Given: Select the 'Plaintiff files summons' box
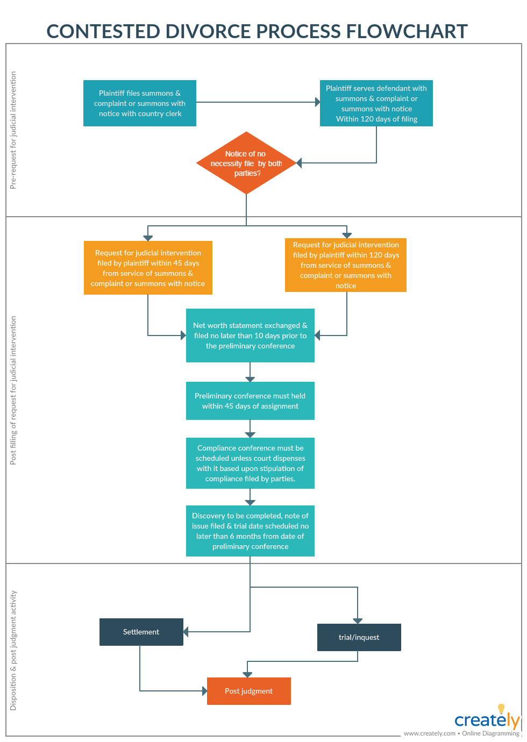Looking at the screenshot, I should (x=140, y=103).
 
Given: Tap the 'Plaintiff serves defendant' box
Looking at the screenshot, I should (x=376, y=103).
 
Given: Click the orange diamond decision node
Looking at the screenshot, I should (x=246, y=163).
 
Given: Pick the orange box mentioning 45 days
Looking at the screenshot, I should (x=148, y=268).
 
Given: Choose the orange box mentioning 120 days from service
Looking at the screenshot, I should (x=346, y=265).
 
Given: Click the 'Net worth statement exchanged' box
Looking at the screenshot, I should (x=250, y=336).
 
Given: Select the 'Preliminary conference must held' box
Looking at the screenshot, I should (x=250, y=401).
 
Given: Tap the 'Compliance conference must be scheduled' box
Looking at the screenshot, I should (x=250, y=463).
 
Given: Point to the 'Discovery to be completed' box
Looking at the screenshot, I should (x=250, y=531).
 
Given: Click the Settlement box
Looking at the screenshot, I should (x=141, y=632).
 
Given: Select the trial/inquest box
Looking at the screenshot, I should (x=359, y=637).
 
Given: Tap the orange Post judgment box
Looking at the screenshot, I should (x=248, y=691).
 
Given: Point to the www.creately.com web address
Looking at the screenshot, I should (x=429, y=733).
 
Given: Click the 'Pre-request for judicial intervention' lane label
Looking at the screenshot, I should (x=13, y=130).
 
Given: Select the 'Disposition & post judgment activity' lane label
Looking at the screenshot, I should (x=13, y=651).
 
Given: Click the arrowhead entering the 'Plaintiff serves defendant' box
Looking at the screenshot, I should (x=317, y=102).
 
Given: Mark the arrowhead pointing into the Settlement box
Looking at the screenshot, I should (x=186, y=632).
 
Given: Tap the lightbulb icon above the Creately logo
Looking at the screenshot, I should (x=501, y=709).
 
